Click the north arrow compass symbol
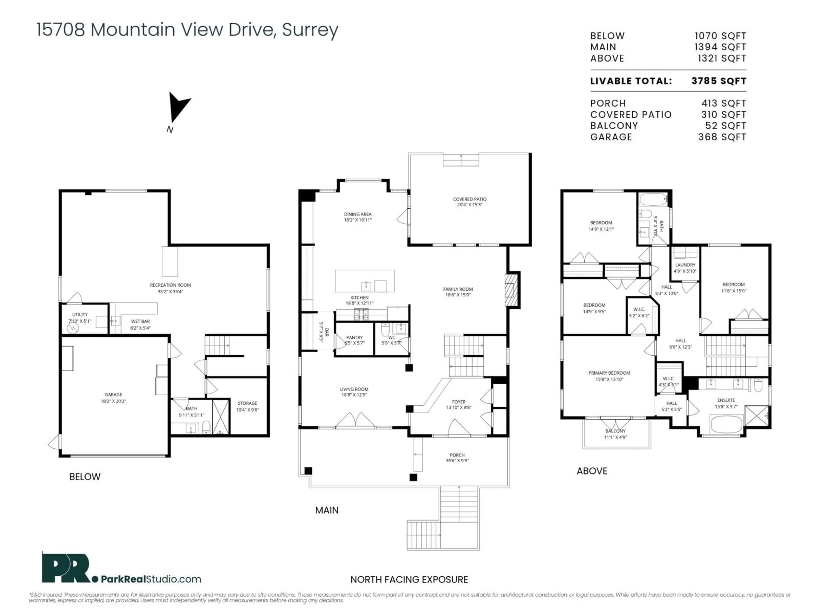[178, 107]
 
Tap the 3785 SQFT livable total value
[719, 81]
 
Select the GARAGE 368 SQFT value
[722, 137]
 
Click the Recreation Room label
[170, 285]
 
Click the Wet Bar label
[140, 321]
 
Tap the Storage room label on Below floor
[247, 403]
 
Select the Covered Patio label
[469, 199]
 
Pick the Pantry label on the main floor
[354, 337]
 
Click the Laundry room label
[685, 265]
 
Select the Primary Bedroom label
[609, 373]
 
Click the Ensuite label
[726, 400]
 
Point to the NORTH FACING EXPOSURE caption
[409, 580]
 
